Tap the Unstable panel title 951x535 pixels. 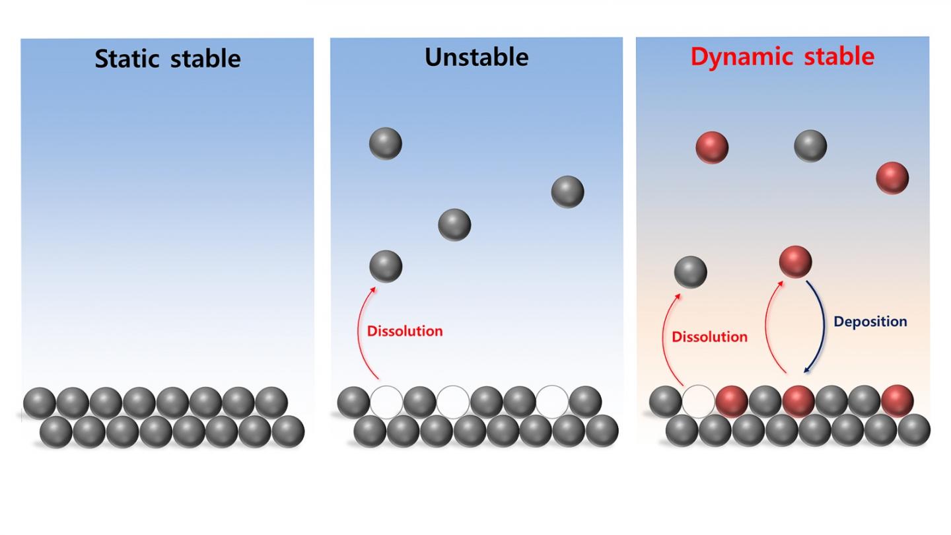pyautogui.click(x=476, y=57)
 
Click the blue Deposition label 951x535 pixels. pyautogui.click(x=870, y=322)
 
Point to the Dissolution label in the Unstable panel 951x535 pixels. pyautogui.click(x=405, y=331)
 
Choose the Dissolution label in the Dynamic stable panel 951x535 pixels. pyautogui.click(x=709, y=337)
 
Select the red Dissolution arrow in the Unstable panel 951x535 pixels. pyautogui.click(x=361, y=330)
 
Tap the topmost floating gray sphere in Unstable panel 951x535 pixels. pyautogui.click(x=386, y=143)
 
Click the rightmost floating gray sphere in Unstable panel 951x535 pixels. pyautogui.click(x=567, y=192)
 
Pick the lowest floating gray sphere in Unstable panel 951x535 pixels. pyautogui.click(x=386, y=266)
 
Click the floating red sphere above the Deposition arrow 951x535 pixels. pyautogui.click(x=795, y=262)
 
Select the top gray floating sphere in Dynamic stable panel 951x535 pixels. pyautogui.click(x=810, y=146)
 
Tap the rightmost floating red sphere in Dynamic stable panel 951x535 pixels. pyautogui.click(x=892, y=178)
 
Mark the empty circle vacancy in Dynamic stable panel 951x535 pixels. pyautogui.click(x=699, y=402)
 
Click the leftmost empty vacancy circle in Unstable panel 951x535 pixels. pyautogui.click(x=386, y=402)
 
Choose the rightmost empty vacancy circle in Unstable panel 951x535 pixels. pyautogui.click(x=552, y=402)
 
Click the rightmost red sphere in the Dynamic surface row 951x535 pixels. pyautogui.click(x=897, y=401)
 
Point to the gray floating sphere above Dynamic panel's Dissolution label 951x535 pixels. pyautogui.click(x=691, y=272)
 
